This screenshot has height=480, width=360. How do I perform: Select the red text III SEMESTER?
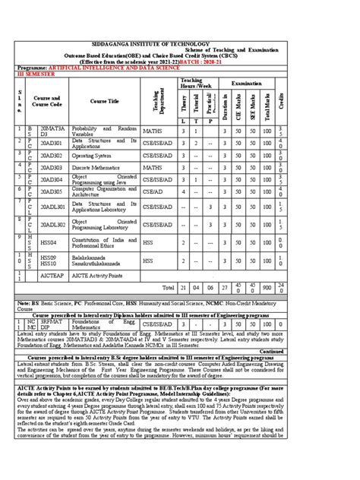tap(37, 76)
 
